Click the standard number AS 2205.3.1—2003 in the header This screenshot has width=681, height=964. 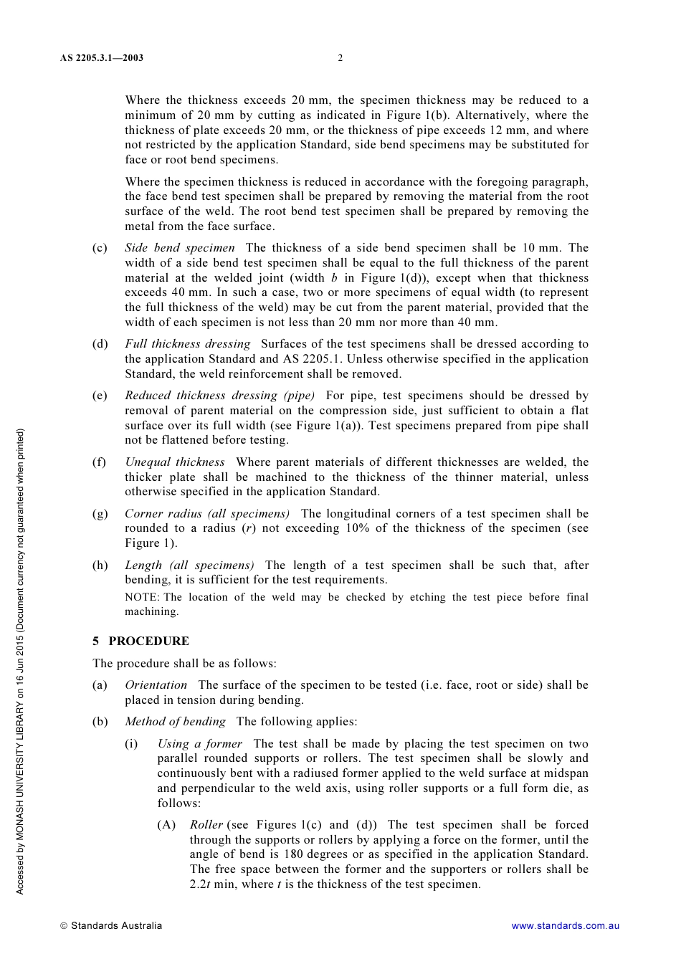point(101,58)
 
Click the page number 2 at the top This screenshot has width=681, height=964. point(340,58)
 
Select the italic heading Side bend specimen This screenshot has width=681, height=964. point(179,248)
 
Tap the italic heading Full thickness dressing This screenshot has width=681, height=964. point(187,344)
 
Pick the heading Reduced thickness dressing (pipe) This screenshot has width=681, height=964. point(219,396)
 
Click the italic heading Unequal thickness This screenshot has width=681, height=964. point(174,462)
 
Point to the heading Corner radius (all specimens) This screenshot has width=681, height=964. point(206,514)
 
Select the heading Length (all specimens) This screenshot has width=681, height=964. point(189,565)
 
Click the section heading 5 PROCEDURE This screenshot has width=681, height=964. point(141,641)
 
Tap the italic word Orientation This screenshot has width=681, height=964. point(156,685)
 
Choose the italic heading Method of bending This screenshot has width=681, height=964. point(175,722)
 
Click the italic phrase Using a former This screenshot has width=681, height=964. point(199,744)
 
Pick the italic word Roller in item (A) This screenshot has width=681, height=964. point(206,825)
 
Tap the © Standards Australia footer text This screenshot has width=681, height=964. point(111,926)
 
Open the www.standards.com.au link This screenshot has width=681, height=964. point(565,926)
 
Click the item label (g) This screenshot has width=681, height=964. point(100,514)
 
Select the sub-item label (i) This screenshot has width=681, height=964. point(131,744)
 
